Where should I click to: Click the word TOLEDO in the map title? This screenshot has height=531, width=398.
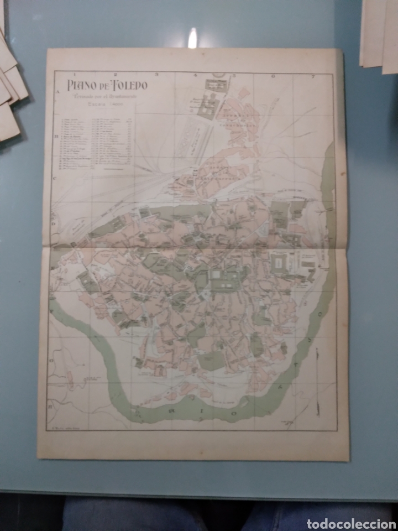128,85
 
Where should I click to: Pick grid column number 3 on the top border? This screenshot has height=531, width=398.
156,73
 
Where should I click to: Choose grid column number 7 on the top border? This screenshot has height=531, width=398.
313,75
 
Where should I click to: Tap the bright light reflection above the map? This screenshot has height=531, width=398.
192,38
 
